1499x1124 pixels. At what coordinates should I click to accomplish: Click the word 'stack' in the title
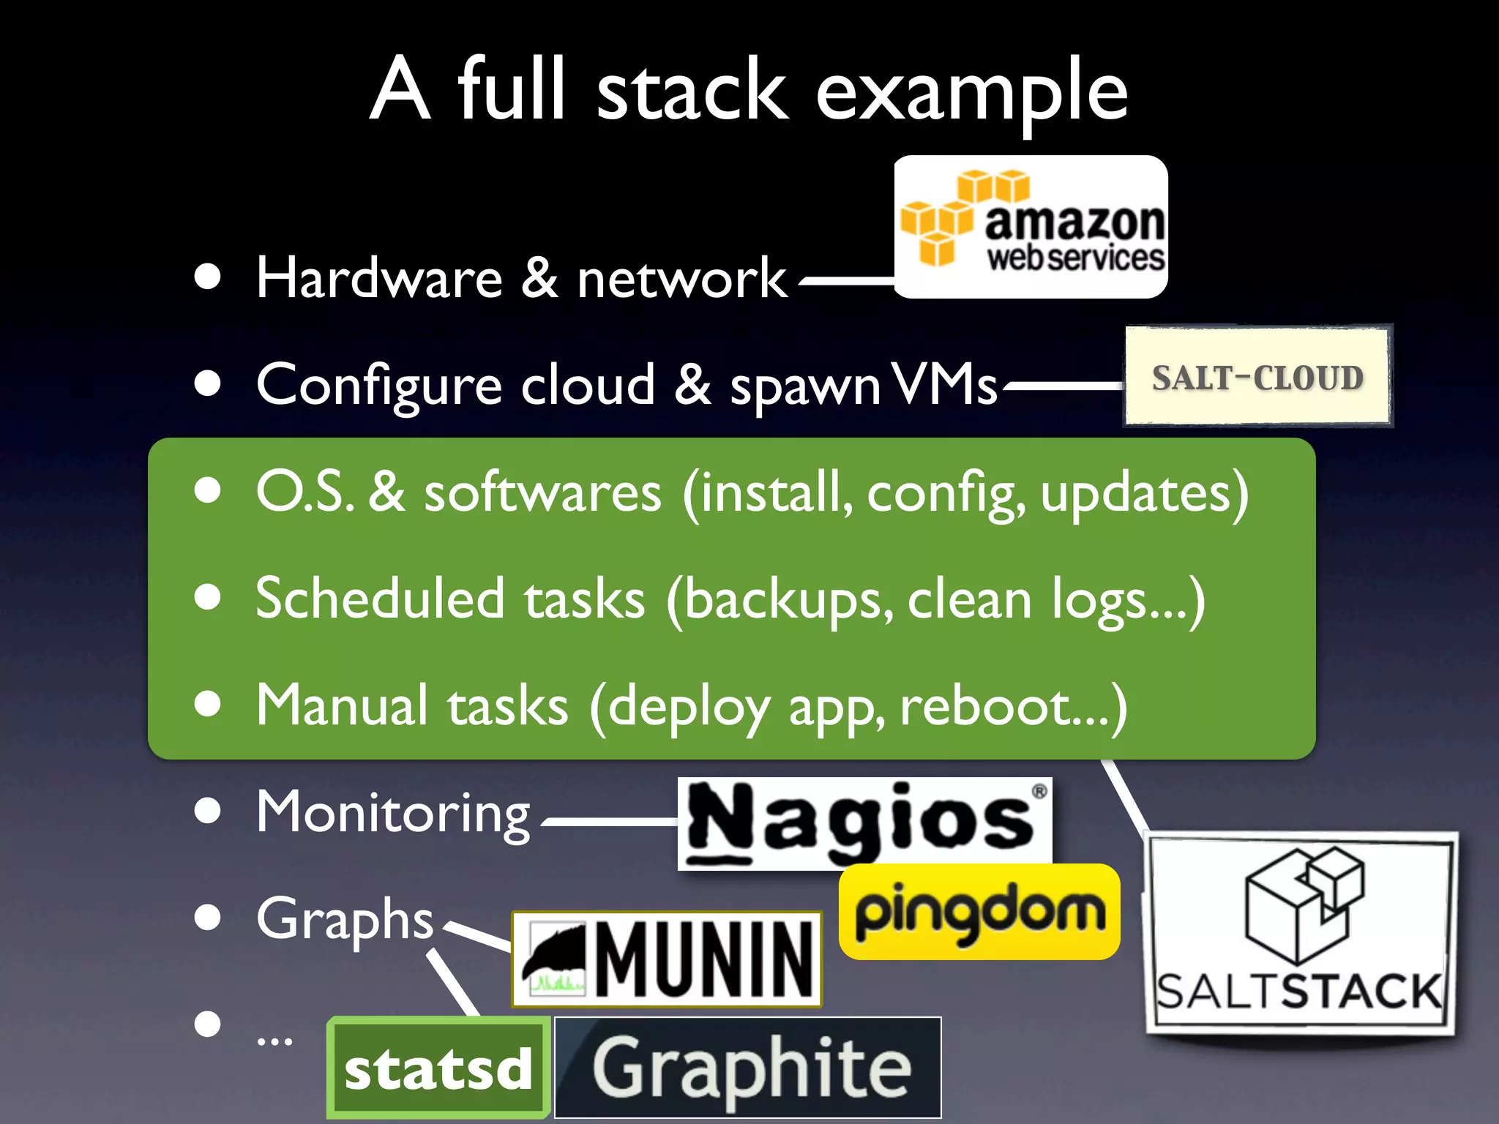point(692,91)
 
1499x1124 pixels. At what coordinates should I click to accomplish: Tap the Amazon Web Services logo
point(1031,227)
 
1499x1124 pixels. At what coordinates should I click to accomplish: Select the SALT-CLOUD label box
point(1257,377)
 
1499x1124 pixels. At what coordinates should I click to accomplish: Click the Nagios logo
point(864,823)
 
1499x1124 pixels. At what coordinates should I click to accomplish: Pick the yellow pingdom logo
point(979,912)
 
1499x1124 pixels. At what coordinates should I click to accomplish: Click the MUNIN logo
point(666,959)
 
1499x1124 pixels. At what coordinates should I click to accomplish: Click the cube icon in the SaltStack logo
point(1303,904)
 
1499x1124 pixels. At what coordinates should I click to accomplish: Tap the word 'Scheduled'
point(379,599)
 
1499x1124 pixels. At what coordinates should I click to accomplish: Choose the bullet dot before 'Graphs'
point(208,918)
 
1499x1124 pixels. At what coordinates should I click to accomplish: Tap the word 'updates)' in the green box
point(1144,492)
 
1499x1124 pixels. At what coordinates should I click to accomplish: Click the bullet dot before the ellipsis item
point(208,1024)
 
